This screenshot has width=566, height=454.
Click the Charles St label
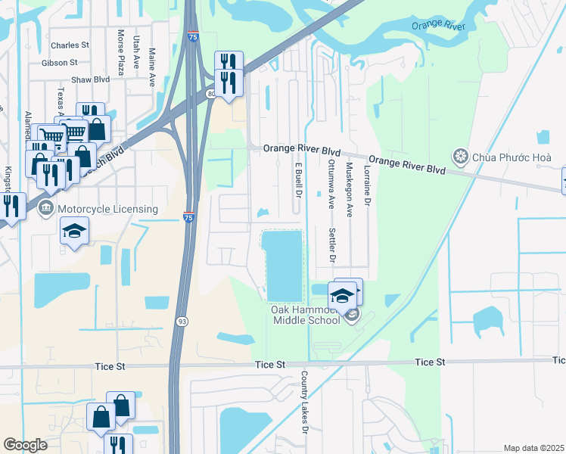70,45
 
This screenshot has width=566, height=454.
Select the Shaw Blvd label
91,79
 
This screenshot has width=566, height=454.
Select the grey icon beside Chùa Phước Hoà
460,157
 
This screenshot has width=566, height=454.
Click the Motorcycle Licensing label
107,209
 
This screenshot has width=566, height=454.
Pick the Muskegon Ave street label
350,190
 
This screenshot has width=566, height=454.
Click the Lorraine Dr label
368,187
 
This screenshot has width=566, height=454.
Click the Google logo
26,445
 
